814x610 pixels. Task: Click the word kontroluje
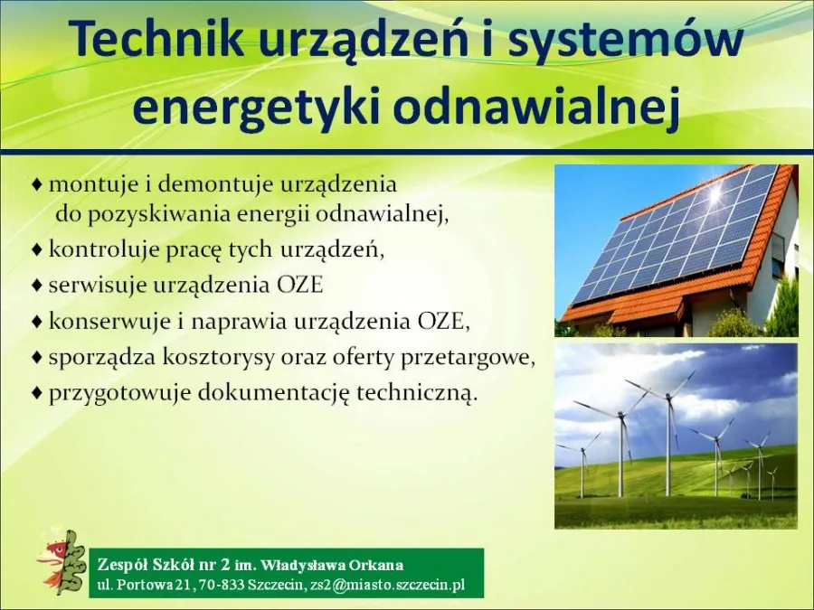point(97,249)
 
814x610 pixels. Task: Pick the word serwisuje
point(92,285)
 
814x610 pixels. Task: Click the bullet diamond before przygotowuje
point(37,393)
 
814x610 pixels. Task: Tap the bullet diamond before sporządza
point(37,357)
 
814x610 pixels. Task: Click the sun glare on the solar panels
point(715,194)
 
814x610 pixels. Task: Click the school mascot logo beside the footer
point(61,562)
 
